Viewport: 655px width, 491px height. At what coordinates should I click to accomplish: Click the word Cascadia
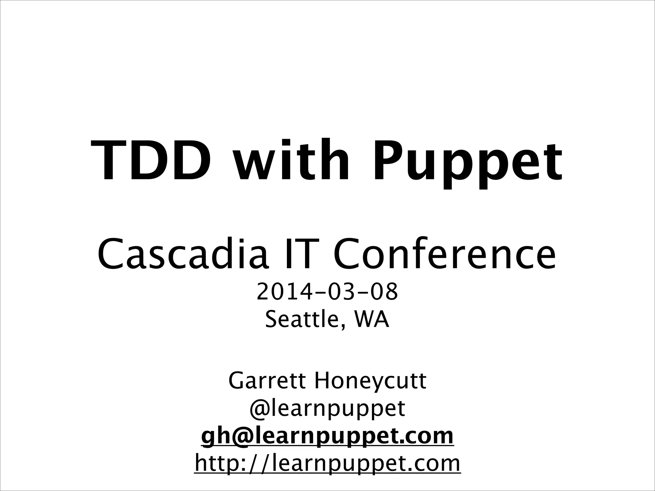coord(183,254)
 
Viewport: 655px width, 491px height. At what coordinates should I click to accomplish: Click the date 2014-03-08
coord(327,292)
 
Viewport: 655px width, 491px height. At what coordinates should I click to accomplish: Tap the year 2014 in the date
coord(284,292)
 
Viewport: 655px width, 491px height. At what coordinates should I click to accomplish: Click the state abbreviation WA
coord(371,320)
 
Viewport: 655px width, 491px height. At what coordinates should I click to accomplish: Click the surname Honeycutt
coord(370,381)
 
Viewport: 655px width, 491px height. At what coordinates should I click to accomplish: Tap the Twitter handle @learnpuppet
coord(327,409)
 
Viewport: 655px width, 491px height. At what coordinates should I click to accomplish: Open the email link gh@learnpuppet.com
coord(327,436)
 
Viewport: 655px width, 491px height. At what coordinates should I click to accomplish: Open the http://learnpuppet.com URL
coord(327,464)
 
